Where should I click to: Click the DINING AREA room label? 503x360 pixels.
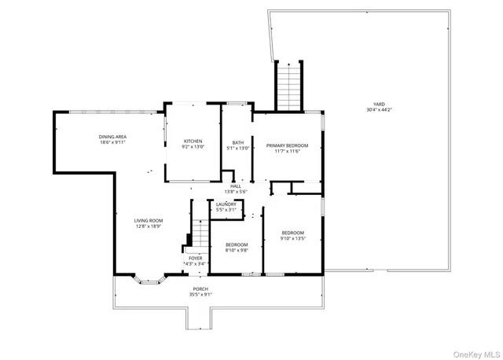[113, 136]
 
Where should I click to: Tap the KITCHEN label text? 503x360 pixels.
[193, 141]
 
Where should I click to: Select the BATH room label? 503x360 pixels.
[238, 142]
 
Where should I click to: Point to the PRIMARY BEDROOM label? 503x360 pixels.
[287, 145]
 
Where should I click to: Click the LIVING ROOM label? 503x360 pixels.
[148, 220]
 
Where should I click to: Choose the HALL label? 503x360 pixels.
[236, 186]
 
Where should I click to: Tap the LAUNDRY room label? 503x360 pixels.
[226, 204]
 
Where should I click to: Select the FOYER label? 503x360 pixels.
[195, 258]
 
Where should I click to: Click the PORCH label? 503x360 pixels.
[201, 288]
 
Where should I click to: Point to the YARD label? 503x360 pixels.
[379, 104]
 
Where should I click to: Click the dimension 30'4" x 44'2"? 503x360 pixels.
[379, 110]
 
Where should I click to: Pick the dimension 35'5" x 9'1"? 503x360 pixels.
[201, 295]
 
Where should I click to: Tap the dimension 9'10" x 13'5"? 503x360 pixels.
[293, 238]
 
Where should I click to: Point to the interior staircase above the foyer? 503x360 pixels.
[200, 233]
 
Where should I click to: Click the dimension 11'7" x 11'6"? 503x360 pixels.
[287, 152]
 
